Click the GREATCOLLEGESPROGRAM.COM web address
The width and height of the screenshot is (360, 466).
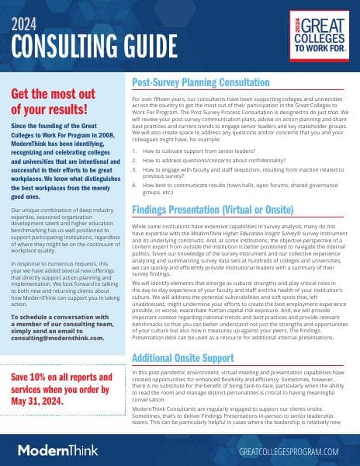[x=288, y=450]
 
